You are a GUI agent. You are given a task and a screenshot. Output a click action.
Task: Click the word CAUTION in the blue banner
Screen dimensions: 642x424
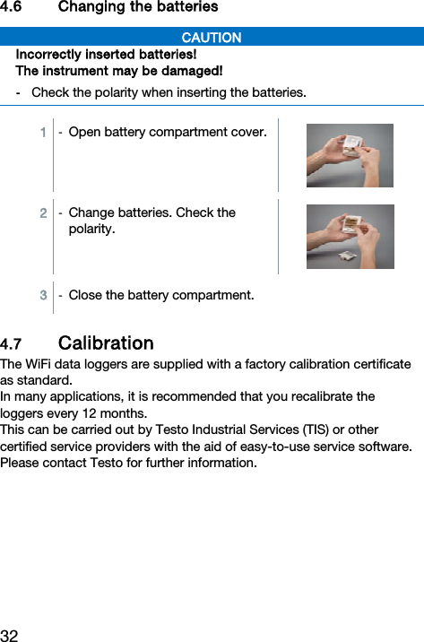pos(212,38)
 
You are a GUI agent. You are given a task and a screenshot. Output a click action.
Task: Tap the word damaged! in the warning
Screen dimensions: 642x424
pos(193,71)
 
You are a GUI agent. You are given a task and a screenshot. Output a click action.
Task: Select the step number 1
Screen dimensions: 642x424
pos(43,133)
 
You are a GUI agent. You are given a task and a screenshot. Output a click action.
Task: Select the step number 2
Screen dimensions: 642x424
pos(43,213)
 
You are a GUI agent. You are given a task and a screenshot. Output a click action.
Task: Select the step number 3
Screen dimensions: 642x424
pos(43,295)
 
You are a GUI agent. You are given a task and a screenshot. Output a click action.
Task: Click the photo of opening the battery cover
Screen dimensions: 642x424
pos(350,155)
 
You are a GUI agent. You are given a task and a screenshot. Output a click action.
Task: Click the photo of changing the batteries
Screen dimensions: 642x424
pos(350,237)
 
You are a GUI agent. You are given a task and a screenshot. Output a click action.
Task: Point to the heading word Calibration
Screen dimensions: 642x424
pos(106,343)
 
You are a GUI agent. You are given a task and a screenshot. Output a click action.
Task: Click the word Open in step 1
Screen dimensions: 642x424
pos(84,133)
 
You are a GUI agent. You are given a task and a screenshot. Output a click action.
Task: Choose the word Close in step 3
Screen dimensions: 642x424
pos(86,295)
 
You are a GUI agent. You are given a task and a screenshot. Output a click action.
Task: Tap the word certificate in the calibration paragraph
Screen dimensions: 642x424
pos(374,364)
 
